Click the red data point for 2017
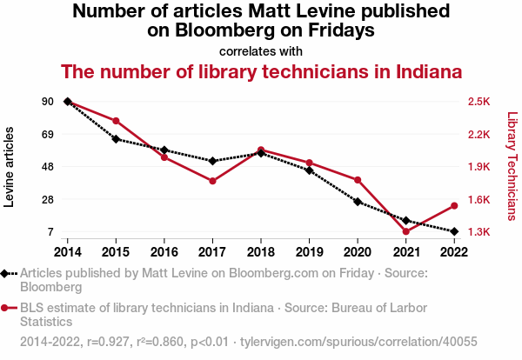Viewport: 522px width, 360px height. pos(212,181)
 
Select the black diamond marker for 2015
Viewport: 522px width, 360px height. pos(116,139)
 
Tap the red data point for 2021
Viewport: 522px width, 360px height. pos(405,231)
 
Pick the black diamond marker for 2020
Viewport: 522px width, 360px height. pos(358,202)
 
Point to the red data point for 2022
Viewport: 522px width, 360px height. pos(454,206)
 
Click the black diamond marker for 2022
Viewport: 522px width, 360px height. pos(454,231)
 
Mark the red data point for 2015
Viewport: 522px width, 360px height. pos(116,120)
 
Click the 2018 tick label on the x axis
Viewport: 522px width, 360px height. pos(261,251)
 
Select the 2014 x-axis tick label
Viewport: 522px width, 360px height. pos(67,251)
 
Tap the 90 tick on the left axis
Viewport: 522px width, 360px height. pos(47,102)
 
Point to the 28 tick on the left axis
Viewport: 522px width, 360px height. pos(47,200)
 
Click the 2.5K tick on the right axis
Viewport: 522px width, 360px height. pos(478,102)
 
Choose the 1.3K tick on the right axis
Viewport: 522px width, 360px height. pos(478,232)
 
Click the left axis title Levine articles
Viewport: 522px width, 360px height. pos(10,167)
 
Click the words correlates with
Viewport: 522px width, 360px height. pos(261,50)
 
